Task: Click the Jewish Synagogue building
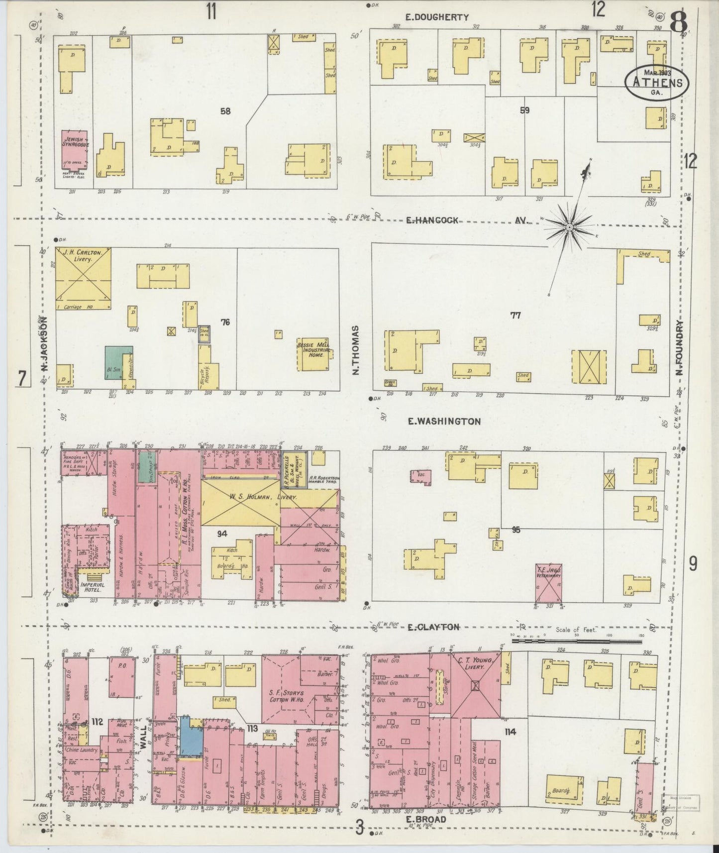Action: point(75,149)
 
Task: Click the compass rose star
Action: point(569,227)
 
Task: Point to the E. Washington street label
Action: point(444,422)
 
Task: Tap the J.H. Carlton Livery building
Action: point(83,279)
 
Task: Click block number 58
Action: point(225,111)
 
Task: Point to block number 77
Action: point(515,315)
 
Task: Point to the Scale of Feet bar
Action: point(576,641)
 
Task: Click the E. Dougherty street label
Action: point(436,17)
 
